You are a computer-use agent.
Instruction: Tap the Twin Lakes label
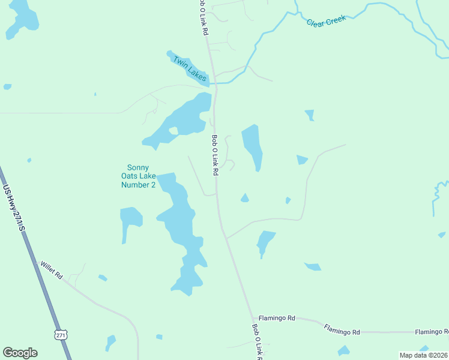tap(189, 68)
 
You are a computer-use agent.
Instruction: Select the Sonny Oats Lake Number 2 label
tap(139, 176)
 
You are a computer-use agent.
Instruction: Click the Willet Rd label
tap(51, 271)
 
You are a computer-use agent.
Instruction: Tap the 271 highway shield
tap(60, 334)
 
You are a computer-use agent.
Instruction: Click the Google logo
tap(20, 353)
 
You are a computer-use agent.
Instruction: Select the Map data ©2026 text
tap(423, 355)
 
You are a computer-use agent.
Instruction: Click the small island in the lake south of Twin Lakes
tap(173, 130)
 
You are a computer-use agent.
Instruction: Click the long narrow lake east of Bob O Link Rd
tap(252, 146)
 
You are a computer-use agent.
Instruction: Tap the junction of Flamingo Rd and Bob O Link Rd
tap(253, 317)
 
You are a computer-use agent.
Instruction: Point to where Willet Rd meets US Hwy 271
tap(37, 262)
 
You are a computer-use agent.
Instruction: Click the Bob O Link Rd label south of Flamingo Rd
tap(258, 342)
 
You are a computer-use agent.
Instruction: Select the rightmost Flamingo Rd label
tap(431, 332)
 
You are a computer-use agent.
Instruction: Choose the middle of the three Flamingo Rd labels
tap(342, 329)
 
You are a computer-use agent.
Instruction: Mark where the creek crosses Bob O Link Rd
tap(212, 83)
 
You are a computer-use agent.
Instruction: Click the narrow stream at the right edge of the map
tap(436, 198)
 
